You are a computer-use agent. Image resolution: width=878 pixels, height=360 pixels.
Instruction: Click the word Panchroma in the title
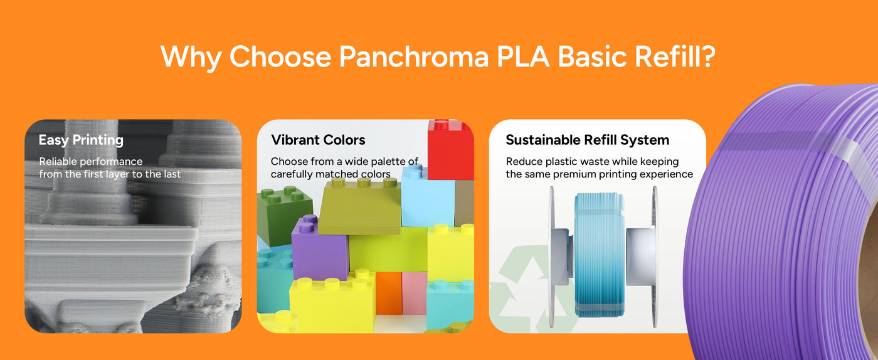pyautogui.click(x=413, y=57)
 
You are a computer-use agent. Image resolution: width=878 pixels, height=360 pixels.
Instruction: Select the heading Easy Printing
pyautogui.click(x=81, y=140)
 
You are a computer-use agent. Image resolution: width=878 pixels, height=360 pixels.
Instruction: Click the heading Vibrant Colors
pyautogui.click(x=318, y=140)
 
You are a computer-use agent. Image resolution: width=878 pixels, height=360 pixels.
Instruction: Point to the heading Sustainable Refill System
pyautogui.click(x=587, y=140)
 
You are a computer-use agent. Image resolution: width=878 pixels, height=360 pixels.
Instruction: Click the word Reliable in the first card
pyautogui.click(x=58, y=162)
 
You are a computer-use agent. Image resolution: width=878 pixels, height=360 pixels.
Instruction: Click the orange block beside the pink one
pyautogui.click(x=388, y=293)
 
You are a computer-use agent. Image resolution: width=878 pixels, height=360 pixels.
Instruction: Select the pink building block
pyautogui.click(x=415, y=293)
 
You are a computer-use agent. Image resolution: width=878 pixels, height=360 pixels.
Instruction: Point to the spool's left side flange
pyautogui.click(x=552, y=257)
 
